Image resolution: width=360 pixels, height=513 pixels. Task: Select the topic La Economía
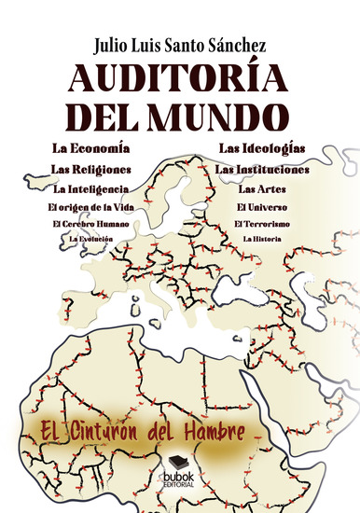coord(91,148)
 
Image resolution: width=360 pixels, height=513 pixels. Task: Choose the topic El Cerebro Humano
coord(90,224)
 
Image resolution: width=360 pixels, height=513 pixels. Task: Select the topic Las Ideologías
coord(262,148)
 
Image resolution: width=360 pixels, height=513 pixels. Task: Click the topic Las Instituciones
coord(262,169)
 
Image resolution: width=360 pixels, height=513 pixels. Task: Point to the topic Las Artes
coord(262,189)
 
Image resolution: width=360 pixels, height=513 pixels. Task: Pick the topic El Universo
coord(262,207)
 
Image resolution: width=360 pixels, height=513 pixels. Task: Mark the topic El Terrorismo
coord(262,224)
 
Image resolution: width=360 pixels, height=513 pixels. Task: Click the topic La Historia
coord(262,240)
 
